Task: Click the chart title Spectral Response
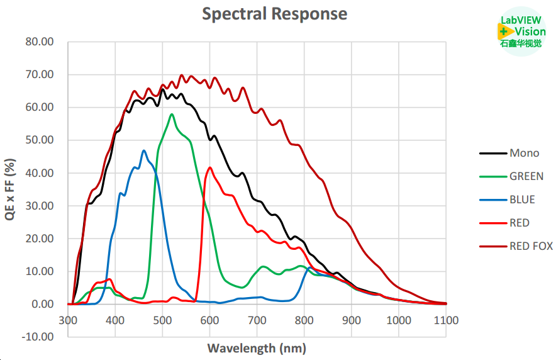[274, 13]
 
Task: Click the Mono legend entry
[524, 153]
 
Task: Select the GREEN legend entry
[526, 177]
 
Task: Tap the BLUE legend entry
[522, 200]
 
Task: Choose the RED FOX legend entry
[531, 246]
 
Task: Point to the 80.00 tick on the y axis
[38, 42]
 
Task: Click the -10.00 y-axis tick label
[37, 337]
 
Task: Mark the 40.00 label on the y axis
[38, 173]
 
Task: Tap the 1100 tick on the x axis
[446, 320]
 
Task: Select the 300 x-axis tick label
[68, 320]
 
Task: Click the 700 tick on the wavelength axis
[257, 320]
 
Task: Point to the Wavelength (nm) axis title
[257, 347]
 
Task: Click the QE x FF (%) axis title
[11, 189]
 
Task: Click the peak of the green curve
[171, 115]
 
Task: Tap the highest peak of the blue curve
[144, 150]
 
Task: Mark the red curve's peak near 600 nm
[210, 167]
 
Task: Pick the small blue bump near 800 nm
[309, 267]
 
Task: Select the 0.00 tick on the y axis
[41, 304]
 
